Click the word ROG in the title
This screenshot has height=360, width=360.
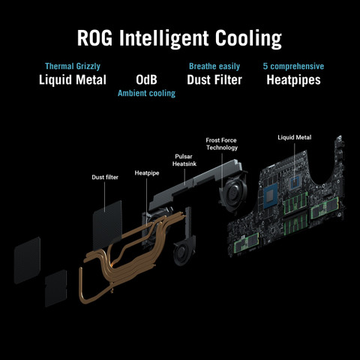(94, 38)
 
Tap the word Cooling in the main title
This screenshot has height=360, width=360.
(248, 39)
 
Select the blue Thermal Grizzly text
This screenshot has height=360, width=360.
(73, 67)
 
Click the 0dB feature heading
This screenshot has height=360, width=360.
(146, 79)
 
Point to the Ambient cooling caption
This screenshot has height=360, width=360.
(146, 93)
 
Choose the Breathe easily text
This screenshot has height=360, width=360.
(214, 67)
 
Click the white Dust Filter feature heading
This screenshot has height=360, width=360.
(214, 79)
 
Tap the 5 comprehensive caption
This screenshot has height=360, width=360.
(293, 66)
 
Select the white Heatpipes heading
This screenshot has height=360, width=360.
(293, 80)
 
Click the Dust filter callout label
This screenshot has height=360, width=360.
(105, 177)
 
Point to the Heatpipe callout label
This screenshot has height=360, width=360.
(147, 173)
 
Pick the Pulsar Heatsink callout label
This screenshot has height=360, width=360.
(184, 160)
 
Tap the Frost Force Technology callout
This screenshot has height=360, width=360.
(222, 144)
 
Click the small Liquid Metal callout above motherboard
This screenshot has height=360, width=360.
(295, 137)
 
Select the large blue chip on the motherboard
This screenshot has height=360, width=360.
(271, 196)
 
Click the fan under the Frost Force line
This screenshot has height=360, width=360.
(233, 190)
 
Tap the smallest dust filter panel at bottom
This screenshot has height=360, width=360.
(56, 288)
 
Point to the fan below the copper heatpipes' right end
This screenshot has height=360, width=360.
(184, 251)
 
